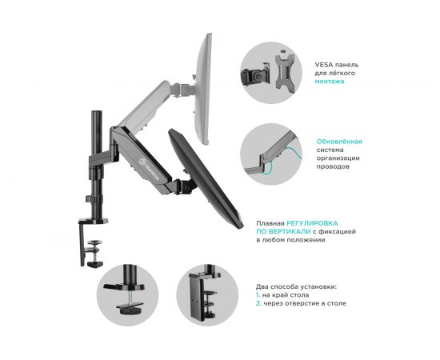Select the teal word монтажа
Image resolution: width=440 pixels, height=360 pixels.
point(330,82)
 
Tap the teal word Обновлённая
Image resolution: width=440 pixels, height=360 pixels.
point(339,142)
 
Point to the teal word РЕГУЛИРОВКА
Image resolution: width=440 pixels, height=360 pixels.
point(312,223)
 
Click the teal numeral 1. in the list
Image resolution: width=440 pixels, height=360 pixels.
point(258,295)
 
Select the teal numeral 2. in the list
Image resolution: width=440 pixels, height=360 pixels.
point(258,303)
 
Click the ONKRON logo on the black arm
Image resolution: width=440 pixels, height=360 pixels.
point(150,169)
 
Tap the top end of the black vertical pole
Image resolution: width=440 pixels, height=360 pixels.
point(96,111)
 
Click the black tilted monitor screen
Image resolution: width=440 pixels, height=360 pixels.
point(206,178)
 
